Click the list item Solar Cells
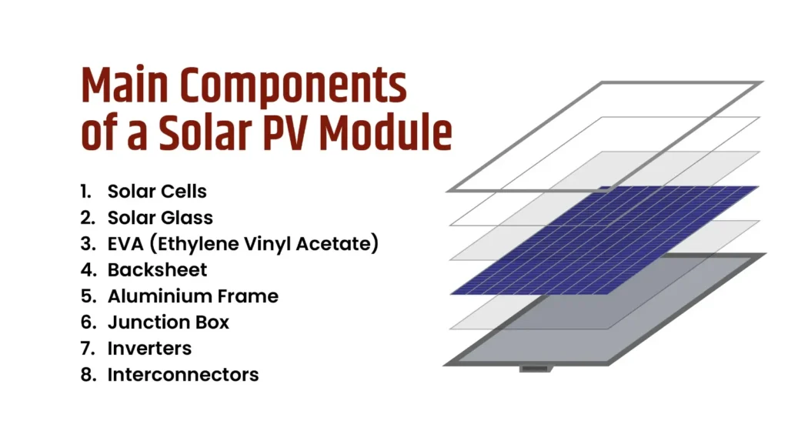(157, 191)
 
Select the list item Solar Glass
(160, 218)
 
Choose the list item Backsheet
(157, 270)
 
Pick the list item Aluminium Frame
(192, 296)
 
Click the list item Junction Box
(168, 322)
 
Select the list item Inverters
(149, 349)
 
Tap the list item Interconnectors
(182, 375)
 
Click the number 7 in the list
(86, 349)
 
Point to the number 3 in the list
(86, 244)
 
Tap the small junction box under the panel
(533, 369)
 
